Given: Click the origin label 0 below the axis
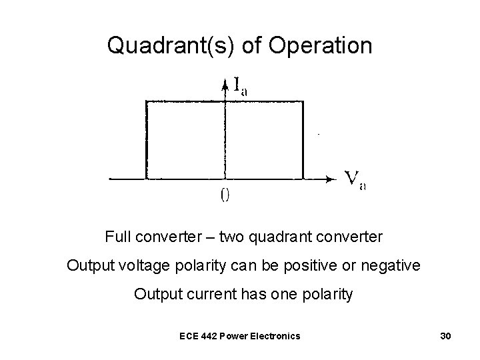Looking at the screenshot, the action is tap(225, 195).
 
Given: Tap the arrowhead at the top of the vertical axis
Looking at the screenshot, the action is tap(225, 83).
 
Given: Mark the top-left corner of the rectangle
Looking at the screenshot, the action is tap(145, 101).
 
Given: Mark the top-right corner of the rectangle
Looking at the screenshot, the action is tap(304, 101).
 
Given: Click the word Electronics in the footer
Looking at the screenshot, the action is tap(277, 335).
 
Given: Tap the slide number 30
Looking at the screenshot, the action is tap(446, 335).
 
